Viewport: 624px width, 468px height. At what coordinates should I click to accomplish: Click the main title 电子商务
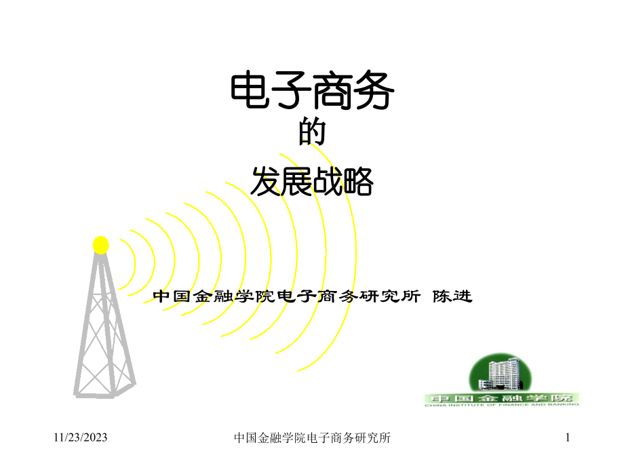pyautogui.click(x=312, y=92)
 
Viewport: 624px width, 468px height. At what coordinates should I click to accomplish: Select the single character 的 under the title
pyautogui.click(x=312, y=134)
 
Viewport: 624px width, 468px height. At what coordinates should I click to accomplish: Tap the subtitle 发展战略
pyautogui.click(x=312, y=182)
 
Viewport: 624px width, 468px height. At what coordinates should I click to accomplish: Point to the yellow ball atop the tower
pyautogui.click(x=101, y=244)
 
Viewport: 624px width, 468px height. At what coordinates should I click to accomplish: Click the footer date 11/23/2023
pyautogui.click(x=81, y=439)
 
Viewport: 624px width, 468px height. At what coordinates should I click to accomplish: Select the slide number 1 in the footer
pyautogui.click(x=569, y=439)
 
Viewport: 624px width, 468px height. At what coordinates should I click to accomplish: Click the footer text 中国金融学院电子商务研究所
pyautogui.click(x=312, y=439)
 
